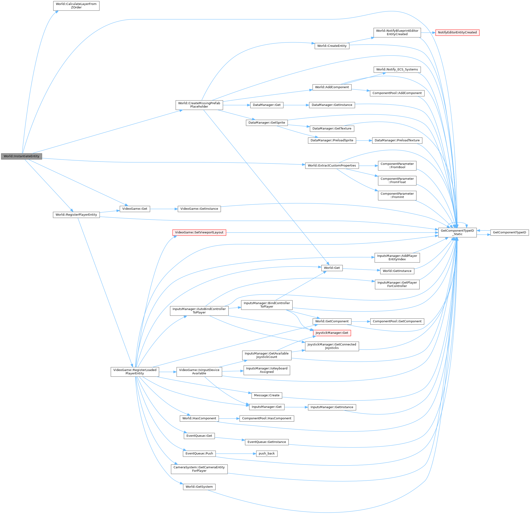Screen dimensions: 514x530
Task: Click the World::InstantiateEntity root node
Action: (x=21, y=156)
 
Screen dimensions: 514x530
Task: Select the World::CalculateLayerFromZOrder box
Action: (x=76, y=6)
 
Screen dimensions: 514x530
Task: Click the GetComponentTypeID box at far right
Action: (x=509, y=232)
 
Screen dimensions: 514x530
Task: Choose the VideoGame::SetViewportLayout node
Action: (x=199, y=232)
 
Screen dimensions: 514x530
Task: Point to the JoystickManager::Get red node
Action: (x=332, y=333)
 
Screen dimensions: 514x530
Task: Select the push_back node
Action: (x=266, y=453)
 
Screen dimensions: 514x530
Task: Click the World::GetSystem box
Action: (x=199, y=487)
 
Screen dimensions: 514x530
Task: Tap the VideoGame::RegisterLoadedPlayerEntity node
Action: (x=135, y=372)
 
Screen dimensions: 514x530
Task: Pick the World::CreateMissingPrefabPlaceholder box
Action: (x=199, y=105)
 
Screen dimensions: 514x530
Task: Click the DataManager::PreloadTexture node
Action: (x=397, y=140)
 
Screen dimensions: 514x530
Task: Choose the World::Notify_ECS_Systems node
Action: (x=397, y=69)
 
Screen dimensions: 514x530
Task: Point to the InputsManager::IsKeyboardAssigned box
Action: (x=266, y=370)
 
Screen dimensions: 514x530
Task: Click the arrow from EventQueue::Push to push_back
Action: (x=235, y=453)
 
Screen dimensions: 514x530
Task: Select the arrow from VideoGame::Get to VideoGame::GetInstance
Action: (x=164, y=209)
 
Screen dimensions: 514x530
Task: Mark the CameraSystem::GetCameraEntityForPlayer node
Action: (x=199, y=469)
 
